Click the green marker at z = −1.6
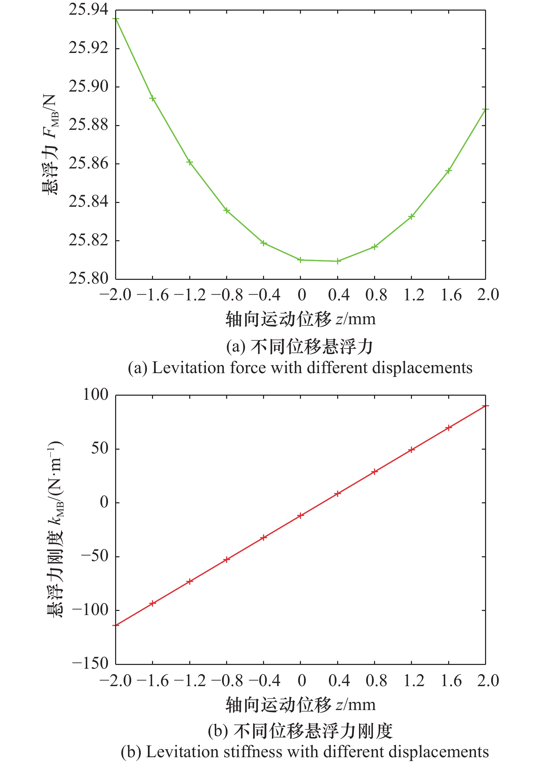click(x=153, y=98)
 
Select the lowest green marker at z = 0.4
click(x=338, y=261)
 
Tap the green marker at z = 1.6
click(x=449, y=171)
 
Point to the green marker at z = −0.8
click(x=227, y=210)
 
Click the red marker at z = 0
click(x=301, y=515)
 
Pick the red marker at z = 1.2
click(x=412, y=450)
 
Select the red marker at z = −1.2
click(x=190, y=581)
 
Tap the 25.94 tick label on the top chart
click(x=88, y=10)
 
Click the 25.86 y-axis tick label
click(x=88, y=163)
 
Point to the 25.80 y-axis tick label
click(x=88, y=278)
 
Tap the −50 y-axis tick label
click(x=95, y=556)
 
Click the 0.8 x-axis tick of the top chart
click(x=376, y=295)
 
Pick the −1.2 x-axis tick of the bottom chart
click(x=190, y=681)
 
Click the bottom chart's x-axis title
click(x=301, y=705)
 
